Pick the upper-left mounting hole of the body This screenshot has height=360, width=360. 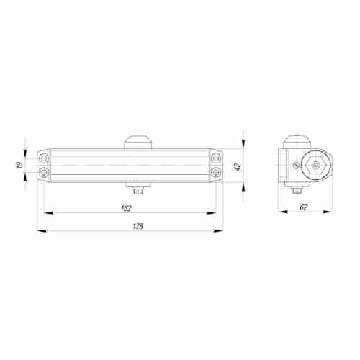click(45, 157)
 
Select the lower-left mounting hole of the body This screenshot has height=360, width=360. click(45, 174)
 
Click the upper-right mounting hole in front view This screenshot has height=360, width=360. click(216, 157)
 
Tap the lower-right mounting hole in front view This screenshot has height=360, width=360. click(216, 174)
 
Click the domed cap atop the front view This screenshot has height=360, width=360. click(138, 140)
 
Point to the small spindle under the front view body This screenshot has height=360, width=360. click(138, 191)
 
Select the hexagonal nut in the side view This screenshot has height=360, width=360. click(314, 165)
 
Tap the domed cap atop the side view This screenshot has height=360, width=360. click(294, 140)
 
